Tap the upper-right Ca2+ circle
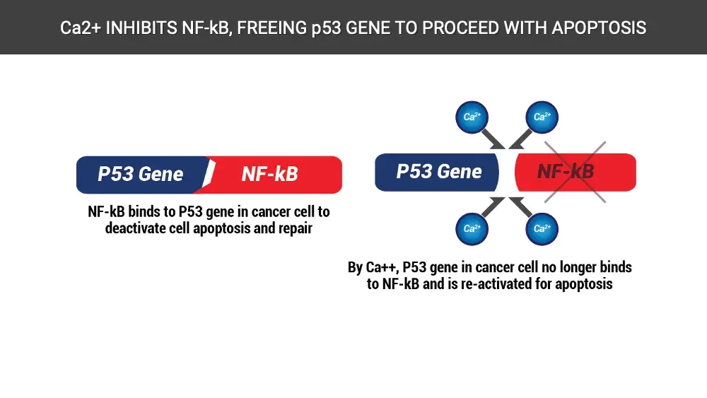(x=542, y=116)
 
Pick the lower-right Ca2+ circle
(x=542, y=228)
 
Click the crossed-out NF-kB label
(x=566, y=172)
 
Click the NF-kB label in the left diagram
(x=270, y=174)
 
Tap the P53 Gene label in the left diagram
(x=141, y=174)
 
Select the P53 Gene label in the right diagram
(x=439, y=172)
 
